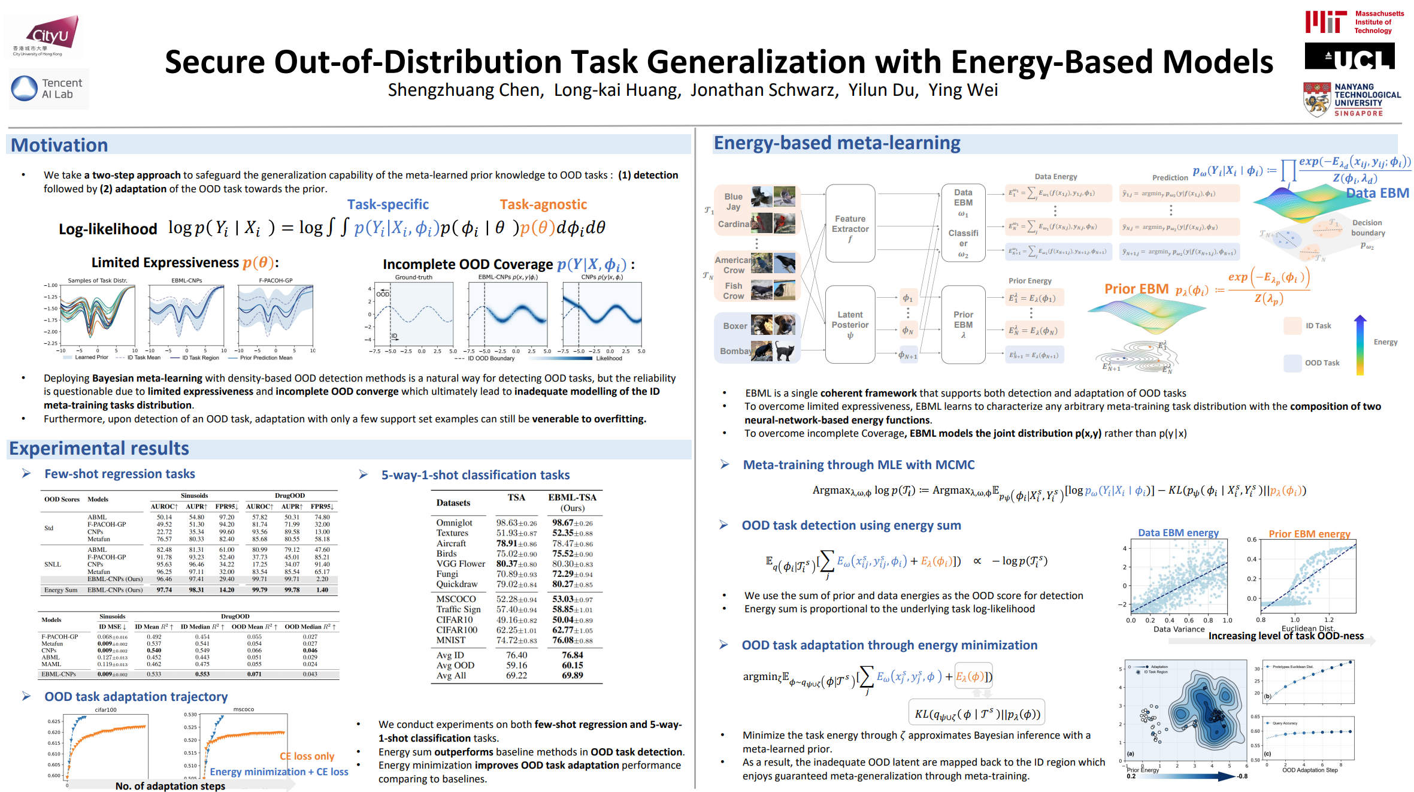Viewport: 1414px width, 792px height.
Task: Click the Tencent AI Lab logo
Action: tap(48, 89)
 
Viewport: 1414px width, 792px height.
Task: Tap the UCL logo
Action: tap(1350, 57)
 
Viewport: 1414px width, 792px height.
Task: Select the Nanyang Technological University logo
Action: tap(1352, 99)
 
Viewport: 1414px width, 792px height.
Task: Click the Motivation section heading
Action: tap(59, 145)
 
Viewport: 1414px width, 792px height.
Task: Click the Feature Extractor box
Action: tap(850, 223)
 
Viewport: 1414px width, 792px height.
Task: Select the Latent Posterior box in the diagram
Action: tap(850, 324)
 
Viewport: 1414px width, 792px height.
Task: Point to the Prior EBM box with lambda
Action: tap(963, 324)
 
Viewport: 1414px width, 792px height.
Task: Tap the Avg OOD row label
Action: tap(455, 665)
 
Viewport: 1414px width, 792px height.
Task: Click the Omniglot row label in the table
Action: tap(454, 522)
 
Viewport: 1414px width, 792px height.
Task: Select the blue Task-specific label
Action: tap(388, 205)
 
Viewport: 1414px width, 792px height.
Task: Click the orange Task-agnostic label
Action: tap(543, 205)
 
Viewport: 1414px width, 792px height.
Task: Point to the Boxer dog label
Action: tap(735, 326)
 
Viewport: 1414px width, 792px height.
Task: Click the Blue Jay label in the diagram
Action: tap(733, 201)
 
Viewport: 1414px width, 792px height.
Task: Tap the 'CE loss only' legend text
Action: tap(307, 756)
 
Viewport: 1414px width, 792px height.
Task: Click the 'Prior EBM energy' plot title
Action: tap(1309, 534)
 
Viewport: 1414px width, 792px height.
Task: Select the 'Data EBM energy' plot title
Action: tap(1178, 533)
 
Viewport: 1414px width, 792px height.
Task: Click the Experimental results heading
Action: tap(99, 449)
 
